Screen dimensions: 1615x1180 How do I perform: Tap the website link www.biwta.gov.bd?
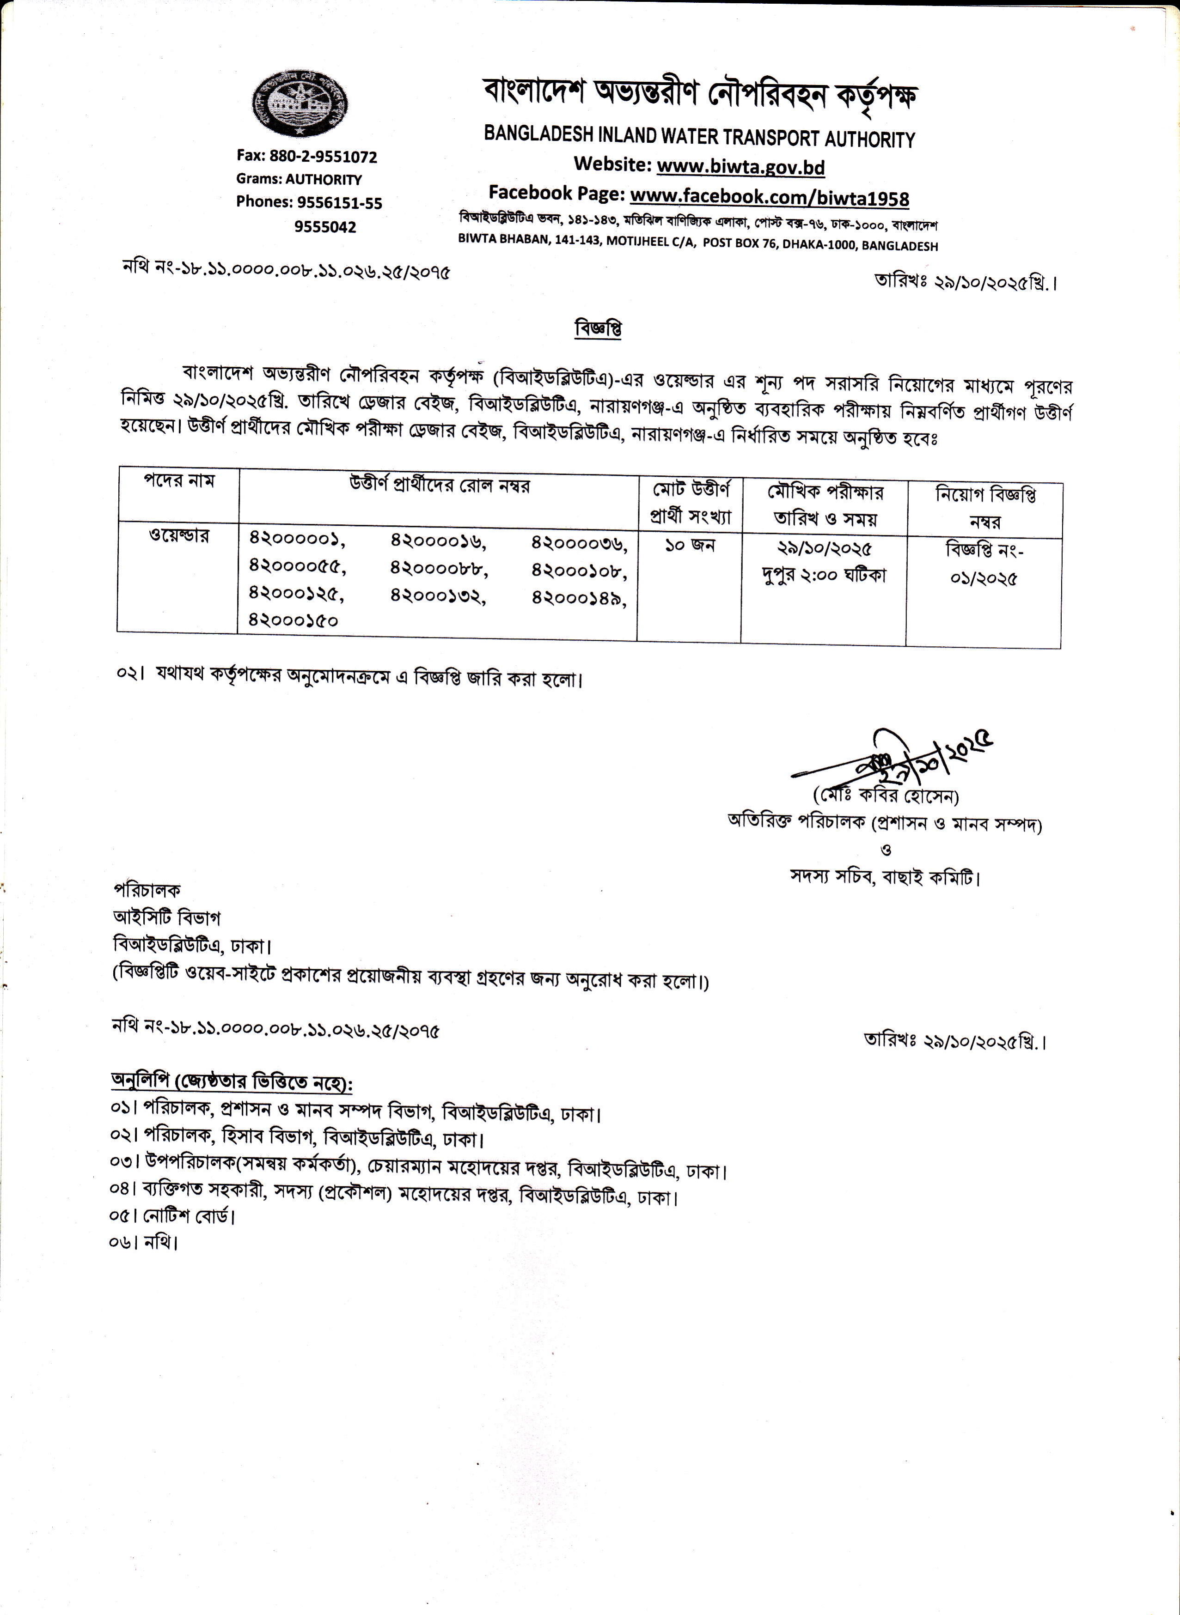coord(741,166)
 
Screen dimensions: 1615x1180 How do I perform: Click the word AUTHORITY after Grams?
coord(324,179)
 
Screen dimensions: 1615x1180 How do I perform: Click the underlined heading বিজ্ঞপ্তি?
coord(598,328)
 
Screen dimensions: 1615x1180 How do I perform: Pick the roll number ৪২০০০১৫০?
coord(293,620)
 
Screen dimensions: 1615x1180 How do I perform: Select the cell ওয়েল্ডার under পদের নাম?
coord(178,535)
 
